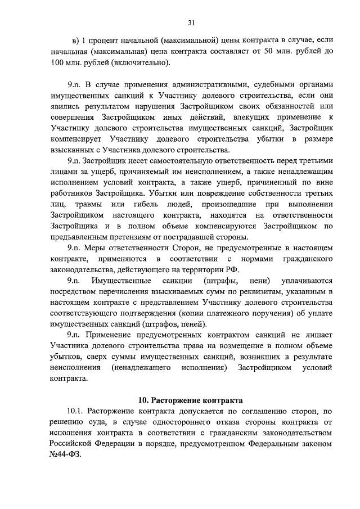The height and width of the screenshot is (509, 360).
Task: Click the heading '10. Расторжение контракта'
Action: pyautogui.click(x=190, y=400)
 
